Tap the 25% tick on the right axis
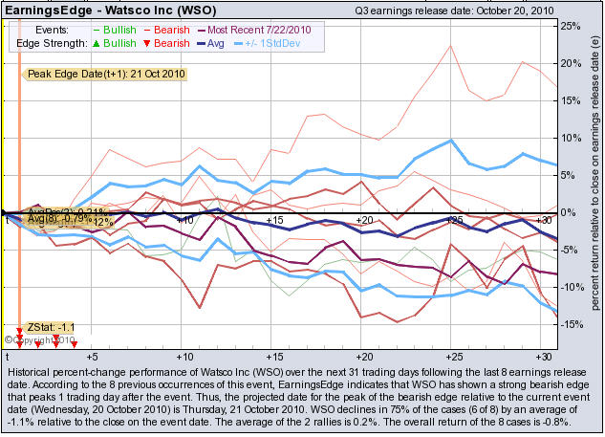point(571,26)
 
